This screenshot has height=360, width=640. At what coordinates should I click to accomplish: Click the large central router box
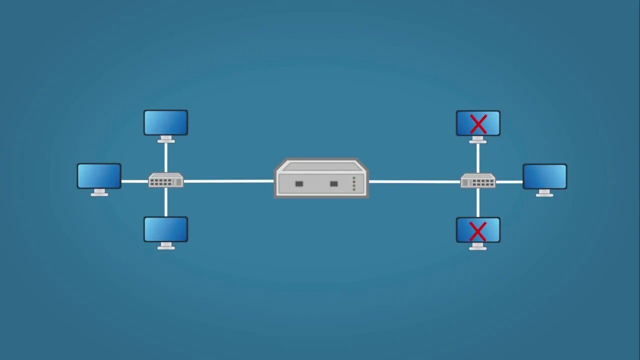point(321,178)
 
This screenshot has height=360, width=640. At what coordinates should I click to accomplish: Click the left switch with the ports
point(166,180)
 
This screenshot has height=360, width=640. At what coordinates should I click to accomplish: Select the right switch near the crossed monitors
point(478,180)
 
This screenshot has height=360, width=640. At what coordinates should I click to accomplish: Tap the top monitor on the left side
point(166,122)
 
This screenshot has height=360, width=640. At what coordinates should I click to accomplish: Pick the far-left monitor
point(99,176)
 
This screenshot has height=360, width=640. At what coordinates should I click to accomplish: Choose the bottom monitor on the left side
point(166,229)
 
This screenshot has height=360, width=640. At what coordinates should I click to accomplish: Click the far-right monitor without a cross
point(545,176)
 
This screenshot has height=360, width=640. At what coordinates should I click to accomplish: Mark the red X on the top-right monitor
point(478,123)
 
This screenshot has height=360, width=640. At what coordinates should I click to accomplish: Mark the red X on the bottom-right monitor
point(478,230)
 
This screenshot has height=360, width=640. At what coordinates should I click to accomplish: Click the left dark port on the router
point(299,184)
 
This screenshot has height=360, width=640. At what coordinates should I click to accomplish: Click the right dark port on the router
point(334,184)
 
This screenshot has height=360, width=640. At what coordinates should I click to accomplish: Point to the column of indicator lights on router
point(354,183)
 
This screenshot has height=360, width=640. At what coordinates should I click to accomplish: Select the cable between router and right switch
point(414,181)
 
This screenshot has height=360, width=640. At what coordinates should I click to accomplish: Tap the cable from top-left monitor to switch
point(166,157)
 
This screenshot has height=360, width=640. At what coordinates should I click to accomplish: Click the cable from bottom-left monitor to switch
point(166,202)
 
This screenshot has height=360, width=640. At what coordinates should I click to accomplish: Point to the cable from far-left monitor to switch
point(134,181)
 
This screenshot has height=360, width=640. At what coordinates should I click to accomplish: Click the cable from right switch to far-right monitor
point(509,181)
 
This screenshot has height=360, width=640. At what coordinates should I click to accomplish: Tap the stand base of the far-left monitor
point(99,194)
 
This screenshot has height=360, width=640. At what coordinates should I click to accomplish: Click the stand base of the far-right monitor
point(544,195)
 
